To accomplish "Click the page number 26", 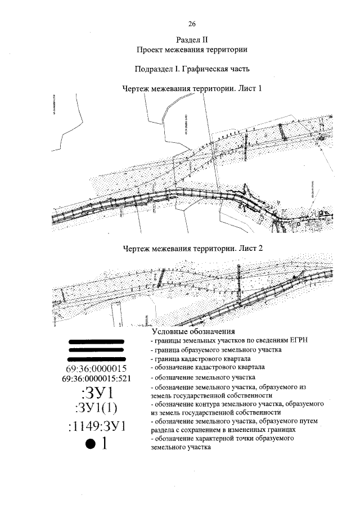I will [x=192, y=24].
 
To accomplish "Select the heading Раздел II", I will [x=192, y=40].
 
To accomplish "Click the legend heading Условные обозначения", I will [x=192, y=332].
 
